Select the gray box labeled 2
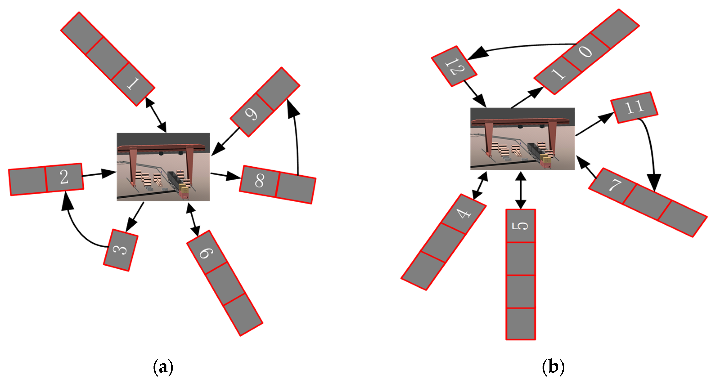tap(64, 177)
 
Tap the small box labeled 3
tap(121, 250)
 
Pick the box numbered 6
tap(207, 253)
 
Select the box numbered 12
tap(454, 66)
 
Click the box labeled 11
tap(634, 107)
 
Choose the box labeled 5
tap(521, 226)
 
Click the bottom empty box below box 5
tap(521, 323)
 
